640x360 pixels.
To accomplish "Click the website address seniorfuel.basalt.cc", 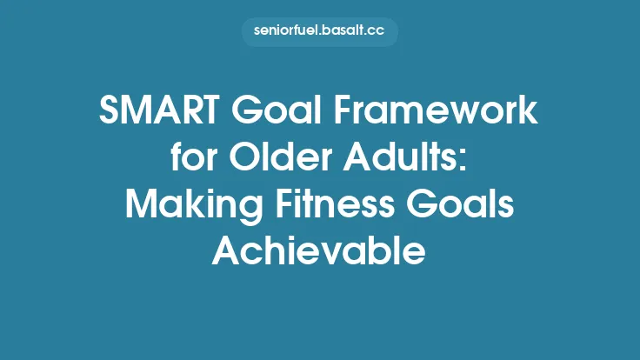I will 319,32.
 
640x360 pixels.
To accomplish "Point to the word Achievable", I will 319,250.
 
